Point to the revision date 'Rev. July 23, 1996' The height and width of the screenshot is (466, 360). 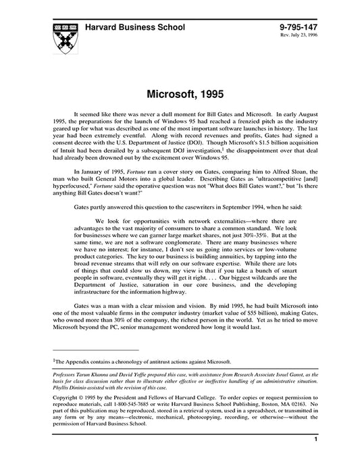(298, 35)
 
